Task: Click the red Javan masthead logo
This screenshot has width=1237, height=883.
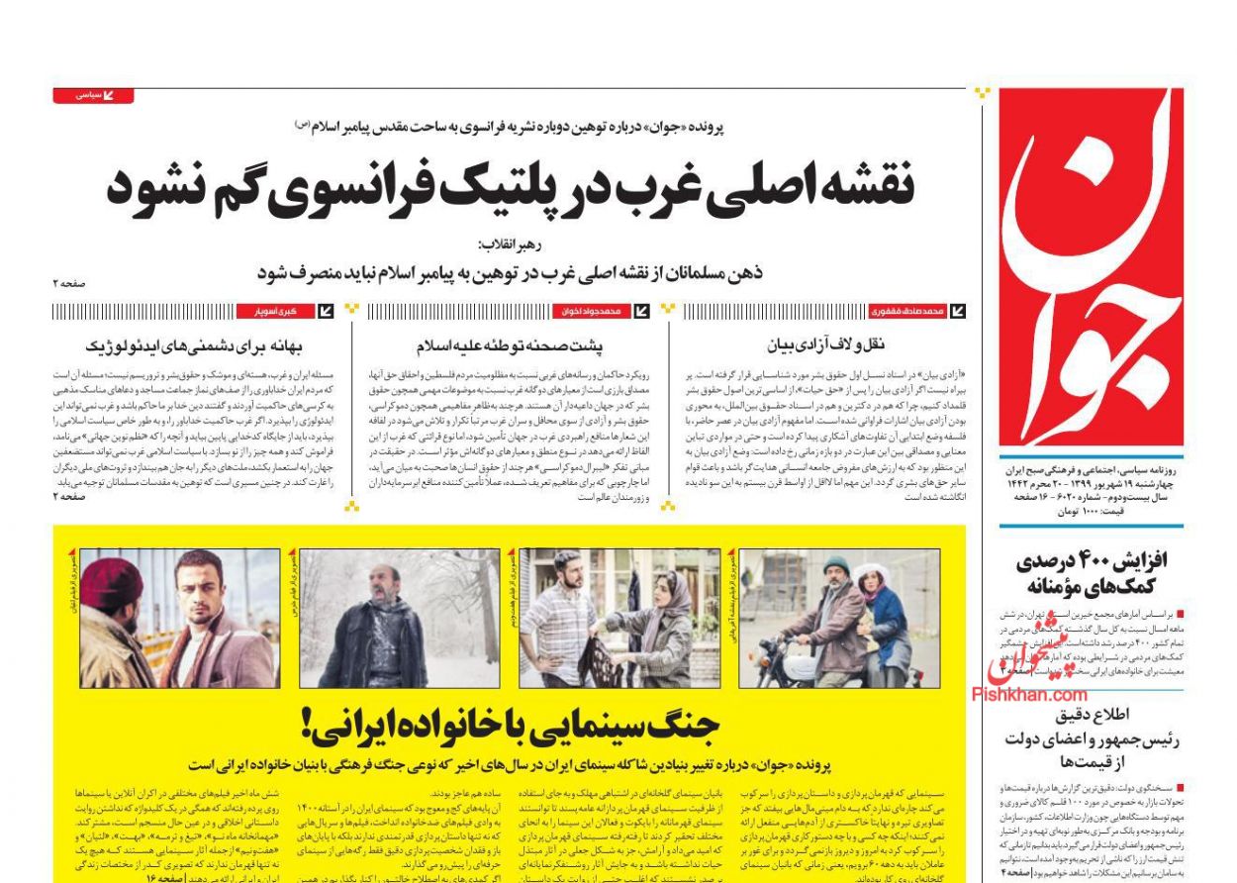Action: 1090,267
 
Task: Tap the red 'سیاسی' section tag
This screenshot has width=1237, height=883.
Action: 93,96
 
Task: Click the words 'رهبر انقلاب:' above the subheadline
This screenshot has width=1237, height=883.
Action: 509,245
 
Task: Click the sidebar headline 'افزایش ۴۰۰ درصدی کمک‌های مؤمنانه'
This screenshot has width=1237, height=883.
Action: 1092,572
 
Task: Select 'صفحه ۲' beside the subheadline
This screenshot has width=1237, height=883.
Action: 70,283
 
